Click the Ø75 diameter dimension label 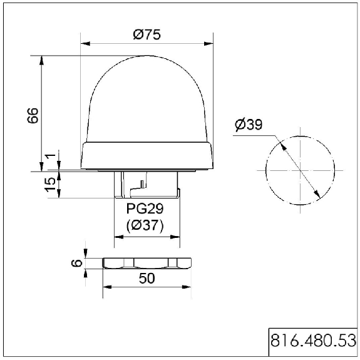tap(147, 34)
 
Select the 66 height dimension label tap(33, 115)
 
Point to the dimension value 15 tap(50, 184)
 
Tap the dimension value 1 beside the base tap(51, 156)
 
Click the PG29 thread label tap(145, 208)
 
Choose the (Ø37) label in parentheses tap(145, 225)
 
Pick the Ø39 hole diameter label tap(249, 125)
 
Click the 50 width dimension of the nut tap(147, 278)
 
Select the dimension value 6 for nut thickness tap(77, 263)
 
